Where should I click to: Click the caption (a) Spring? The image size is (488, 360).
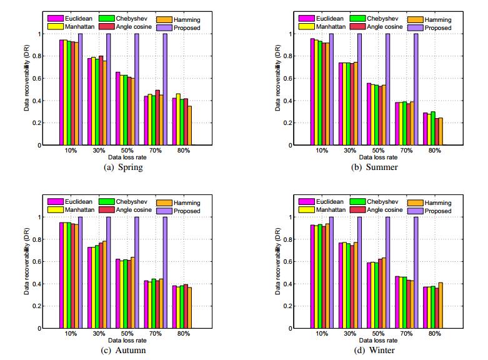coord(125,167)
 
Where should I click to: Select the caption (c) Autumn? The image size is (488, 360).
coord(125,351)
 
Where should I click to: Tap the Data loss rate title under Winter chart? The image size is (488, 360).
coord(375,341)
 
